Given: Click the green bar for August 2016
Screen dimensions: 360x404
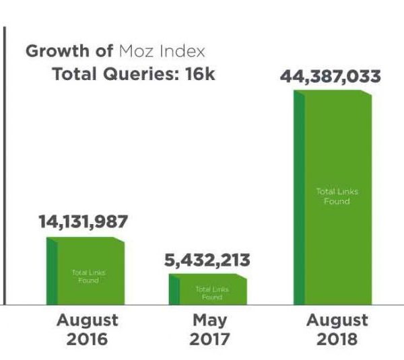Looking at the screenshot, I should [x=86, y=271].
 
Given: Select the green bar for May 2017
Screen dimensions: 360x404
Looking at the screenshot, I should [x=208, y=290].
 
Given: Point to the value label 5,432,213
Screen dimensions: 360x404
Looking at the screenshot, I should [x=208, y=259].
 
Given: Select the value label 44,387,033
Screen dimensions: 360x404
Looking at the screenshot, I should [x=331, y=75].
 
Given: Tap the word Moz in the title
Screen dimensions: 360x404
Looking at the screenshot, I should [x=133, y=51].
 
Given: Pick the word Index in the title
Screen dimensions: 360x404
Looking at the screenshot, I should [x=181, y=51].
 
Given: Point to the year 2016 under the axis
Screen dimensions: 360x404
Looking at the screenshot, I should [x=87, y=338].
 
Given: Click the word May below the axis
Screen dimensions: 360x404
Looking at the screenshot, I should [x=209, y=320].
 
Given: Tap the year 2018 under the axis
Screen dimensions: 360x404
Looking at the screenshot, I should [x=337, y=338].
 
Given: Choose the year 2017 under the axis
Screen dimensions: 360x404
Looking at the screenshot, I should [x=209, y=338].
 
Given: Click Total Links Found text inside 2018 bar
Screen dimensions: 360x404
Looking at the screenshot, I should [x=337, y=196].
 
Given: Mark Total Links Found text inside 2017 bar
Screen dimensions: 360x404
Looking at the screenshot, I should [x=211, y=293].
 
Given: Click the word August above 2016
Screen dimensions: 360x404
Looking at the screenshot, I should [x=87, y=320].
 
